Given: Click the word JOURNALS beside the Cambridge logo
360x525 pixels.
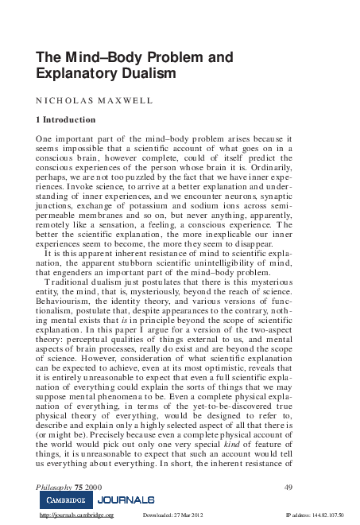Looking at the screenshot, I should pos(126,500).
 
